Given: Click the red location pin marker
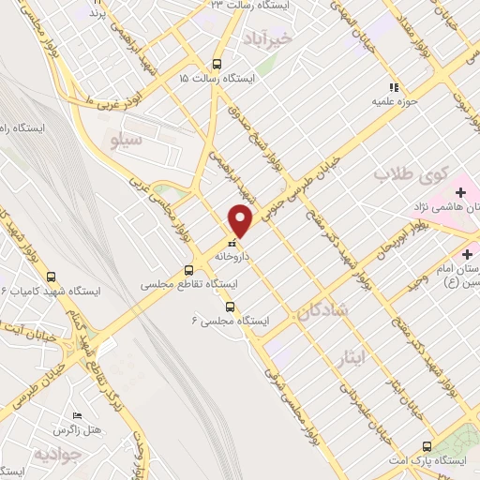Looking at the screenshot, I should [241, 220].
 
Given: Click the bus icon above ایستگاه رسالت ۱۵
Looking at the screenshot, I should [217, 65].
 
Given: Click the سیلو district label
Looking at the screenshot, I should [126, 142].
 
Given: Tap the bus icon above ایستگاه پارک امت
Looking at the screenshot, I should [427, 446].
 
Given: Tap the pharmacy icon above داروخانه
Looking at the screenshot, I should [232, 242].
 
